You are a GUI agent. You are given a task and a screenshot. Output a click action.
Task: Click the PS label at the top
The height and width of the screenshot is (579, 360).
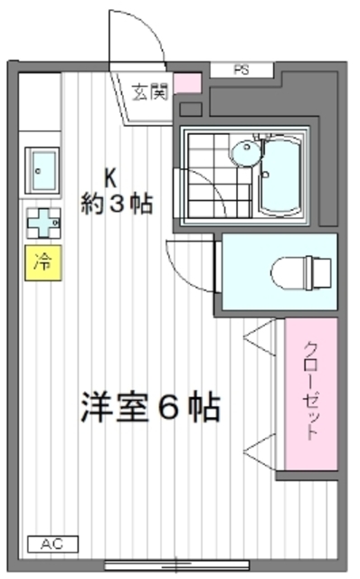241,69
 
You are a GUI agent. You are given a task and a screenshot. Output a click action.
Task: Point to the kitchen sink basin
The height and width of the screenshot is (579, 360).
43,165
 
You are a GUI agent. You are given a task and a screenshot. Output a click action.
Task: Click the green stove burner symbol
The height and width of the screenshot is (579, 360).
42,221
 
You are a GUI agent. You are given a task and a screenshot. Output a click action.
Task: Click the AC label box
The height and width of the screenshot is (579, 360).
52,544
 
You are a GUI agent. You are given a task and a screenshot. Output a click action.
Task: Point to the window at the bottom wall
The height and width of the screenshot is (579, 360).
176,565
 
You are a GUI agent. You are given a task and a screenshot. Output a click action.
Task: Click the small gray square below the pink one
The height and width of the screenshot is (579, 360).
190,109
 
